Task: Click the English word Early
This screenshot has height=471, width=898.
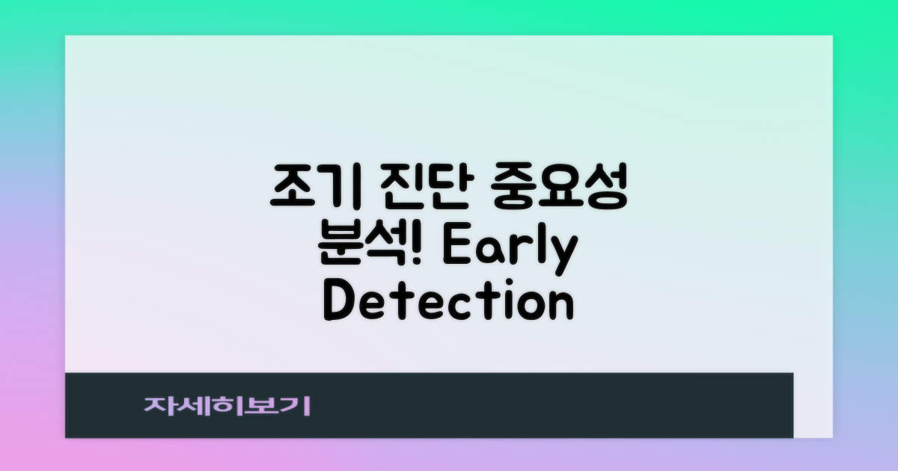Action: pyautogui.click(x=509, y=250)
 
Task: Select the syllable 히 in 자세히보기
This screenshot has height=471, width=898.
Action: pyautogui.click(x=227, y=406)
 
